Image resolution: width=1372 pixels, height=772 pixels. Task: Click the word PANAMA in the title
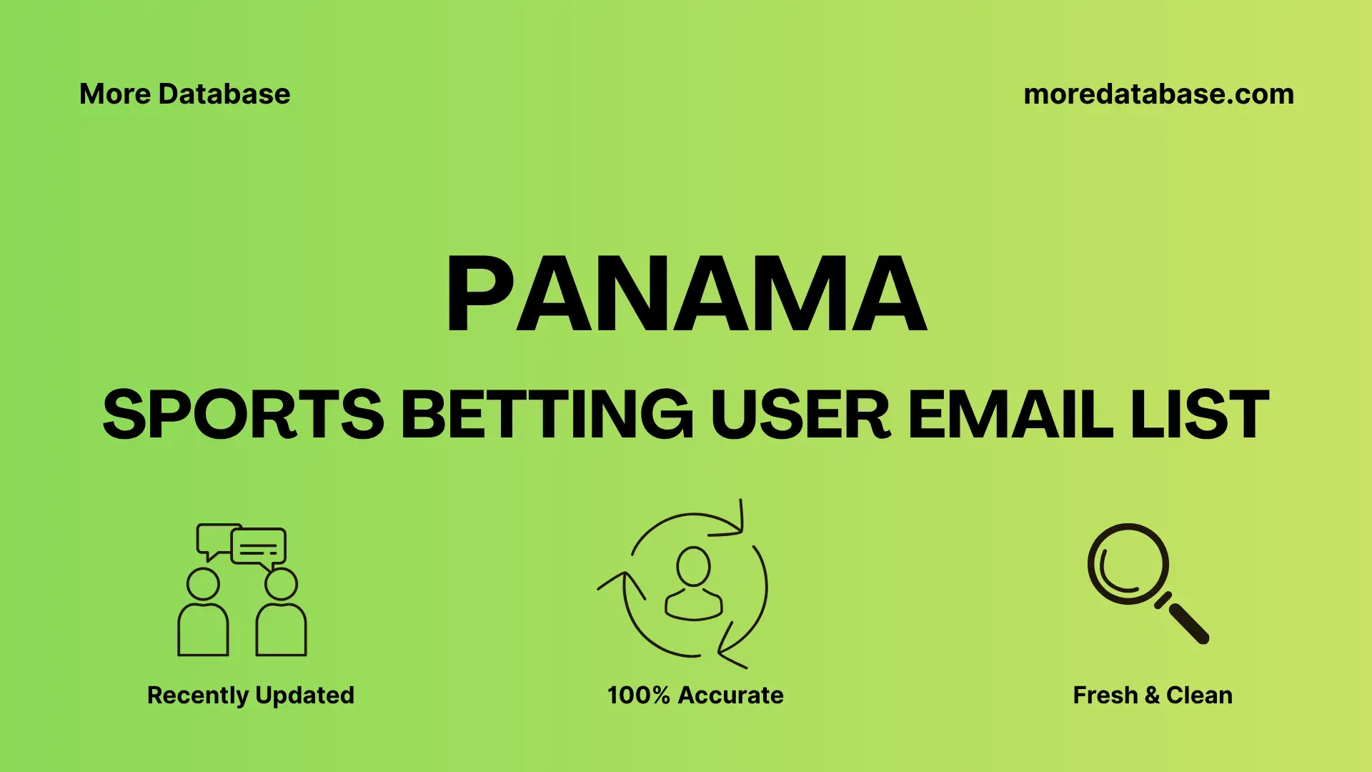coord(686,295)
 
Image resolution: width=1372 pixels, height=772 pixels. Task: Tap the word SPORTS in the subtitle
coord(243,415)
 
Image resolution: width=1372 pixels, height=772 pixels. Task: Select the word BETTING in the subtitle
coord(547,415)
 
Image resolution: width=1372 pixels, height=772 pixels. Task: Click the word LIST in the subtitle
coord(1200,415)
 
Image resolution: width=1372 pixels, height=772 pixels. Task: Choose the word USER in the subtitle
coord(800,415)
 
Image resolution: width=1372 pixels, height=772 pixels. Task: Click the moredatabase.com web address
coord(1158,94)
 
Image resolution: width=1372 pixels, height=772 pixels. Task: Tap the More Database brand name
coord(184,94)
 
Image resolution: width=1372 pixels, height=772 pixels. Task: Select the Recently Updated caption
coord(250,695)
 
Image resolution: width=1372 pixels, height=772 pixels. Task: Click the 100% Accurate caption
coord(695,695)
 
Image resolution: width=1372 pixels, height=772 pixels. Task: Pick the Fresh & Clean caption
coord(1153,695)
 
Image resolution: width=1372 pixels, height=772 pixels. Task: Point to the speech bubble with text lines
coord(259,548)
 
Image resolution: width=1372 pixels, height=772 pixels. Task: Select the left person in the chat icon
coord(203,615)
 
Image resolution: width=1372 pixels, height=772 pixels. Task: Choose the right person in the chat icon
coord(281,615)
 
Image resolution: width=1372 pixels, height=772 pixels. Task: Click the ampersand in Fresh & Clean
coord(1151,695)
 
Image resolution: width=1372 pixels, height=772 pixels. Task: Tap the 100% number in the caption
coord(638,695)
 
